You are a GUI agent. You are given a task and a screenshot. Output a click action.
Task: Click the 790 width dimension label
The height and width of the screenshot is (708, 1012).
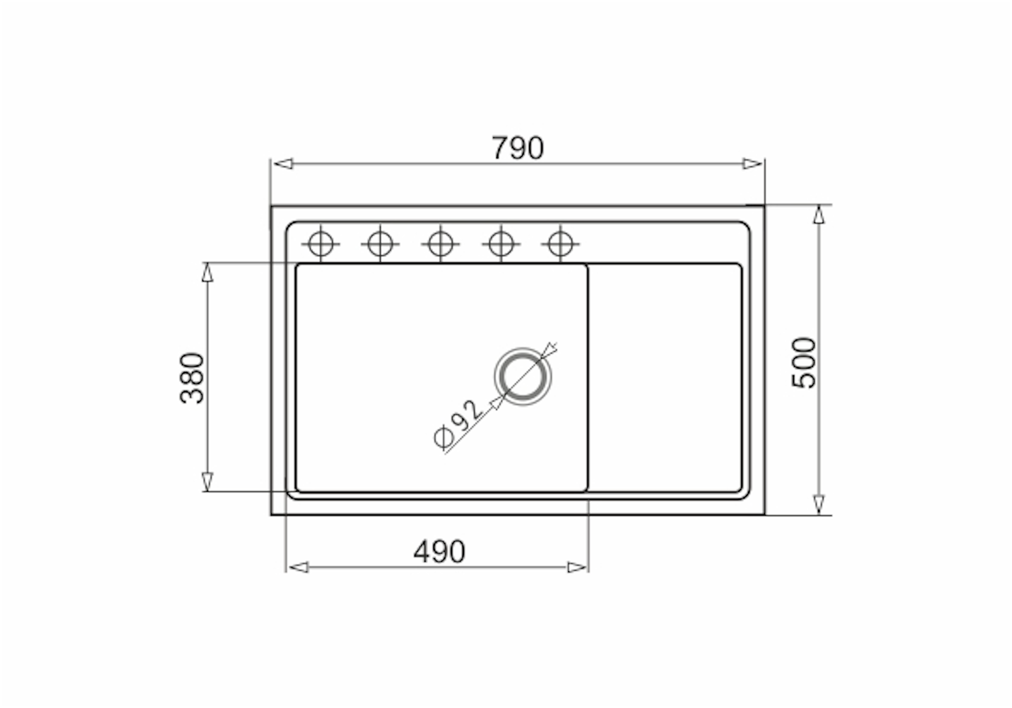coord(517,148)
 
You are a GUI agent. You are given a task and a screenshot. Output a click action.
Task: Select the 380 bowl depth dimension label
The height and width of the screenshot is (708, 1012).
coord(192,378)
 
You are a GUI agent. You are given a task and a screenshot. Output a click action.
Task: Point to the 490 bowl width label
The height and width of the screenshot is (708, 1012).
coord(439,551)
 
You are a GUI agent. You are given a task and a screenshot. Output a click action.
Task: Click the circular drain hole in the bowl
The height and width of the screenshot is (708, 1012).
coord(523,376)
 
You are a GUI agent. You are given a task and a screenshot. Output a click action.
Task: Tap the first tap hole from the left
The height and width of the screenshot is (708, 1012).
coord(321,244)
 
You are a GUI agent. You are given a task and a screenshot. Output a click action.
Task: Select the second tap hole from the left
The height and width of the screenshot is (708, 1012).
coord(380,244)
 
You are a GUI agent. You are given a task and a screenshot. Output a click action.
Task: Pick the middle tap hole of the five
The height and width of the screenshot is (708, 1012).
coord(440,244)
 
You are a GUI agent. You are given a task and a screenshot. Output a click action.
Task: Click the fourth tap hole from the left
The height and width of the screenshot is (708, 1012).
coord(501,244)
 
